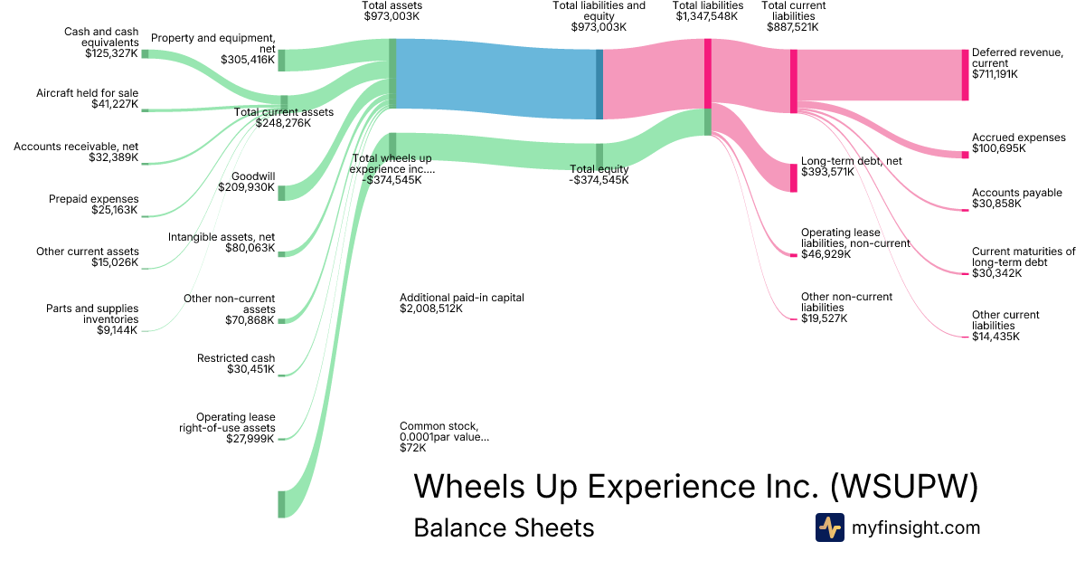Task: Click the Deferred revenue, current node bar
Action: click(966, 75)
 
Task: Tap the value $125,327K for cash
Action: click(111, 53)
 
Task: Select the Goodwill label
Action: click(253, 176)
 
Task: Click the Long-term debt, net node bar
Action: click(794, 178)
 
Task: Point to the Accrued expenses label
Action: click(1019, 138)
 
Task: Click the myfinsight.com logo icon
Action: click(830, 527)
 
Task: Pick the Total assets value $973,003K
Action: click(392, 16)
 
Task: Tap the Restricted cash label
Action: click(236, 358)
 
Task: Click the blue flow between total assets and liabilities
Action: click(496, 79)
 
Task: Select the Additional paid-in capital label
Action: click(462, 298)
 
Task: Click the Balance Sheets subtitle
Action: click(504, 527)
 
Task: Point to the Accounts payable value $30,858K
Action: click(996, 204)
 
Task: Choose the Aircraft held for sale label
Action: click(87, 93)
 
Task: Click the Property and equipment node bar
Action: click(281, 60)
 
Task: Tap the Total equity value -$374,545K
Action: click(599, 180)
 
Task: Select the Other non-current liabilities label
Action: click(846, 302)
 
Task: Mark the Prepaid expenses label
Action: click(93, 199)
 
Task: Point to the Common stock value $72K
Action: click(412, 448)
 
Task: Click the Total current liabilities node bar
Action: click(794, 81)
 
